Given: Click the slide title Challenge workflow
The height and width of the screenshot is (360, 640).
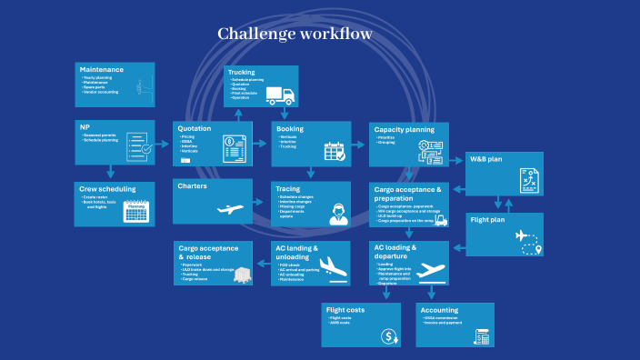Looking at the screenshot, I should tap(295, 35).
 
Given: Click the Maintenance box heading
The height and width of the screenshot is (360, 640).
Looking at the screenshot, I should tap(101, 70).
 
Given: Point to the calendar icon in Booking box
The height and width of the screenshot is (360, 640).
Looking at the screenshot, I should tap(334, 151).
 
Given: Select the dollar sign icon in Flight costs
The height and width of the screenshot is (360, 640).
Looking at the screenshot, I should tap(389, 337).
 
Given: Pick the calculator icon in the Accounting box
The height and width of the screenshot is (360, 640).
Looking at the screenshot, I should tap(482, 336).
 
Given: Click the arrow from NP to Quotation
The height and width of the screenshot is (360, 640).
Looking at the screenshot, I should tap(164, 144).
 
